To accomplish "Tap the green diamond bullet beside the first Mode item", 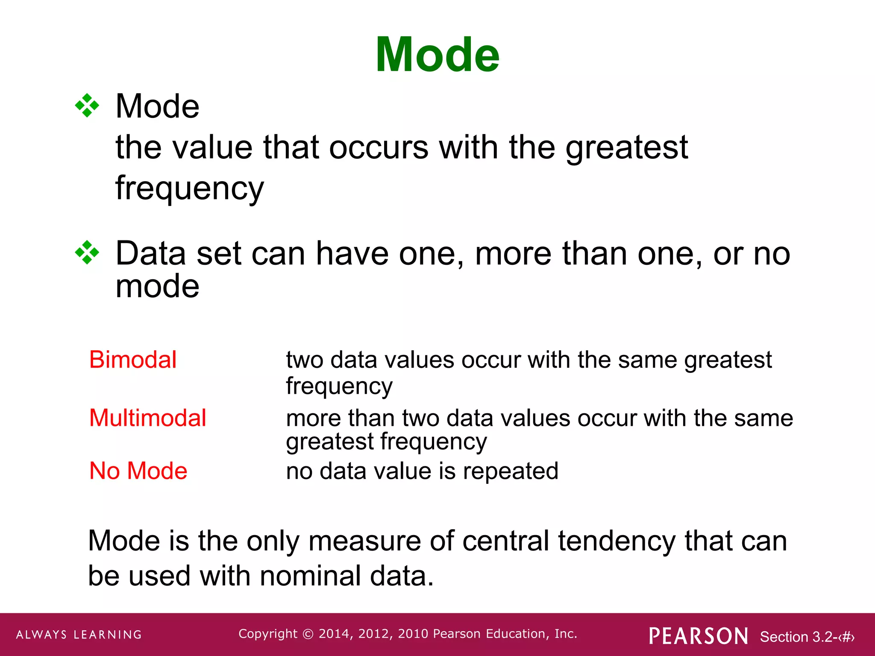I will (87, 105).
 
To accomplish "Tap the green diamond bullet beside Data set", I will (87, 253).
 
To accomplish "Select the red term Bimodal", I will (132, 360).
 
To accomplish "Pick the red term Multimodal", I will (147, 418).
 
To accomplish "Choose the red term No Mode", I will (138, 471).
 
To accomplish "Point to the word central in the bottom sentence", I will (505, 541).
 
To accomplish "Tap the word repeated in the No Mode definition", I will (510, 471).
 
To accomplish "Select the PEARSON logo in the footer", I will (698, 636).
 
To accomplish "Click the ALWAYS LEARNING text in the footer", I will (79, 635).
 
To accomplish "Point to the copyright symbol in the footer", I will (308, 634).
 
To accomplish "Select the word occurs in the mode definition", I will (379, 147).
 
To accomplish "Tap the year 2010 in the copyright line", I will (413, 634).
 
